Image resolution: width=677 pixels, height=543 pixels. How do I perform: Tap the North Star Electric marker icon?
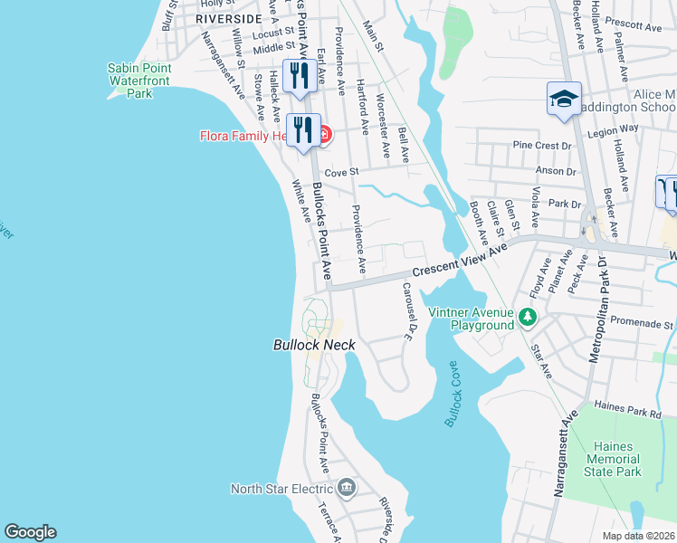point(346,489)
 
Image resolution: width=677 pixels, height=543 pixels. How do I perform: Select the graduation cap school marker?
point(564,99)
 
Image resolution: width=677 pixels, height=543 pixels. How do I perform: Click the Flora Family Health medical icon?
point(323,136)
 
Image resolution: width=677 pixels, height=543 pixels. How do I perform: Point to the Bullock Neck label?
point(314,345)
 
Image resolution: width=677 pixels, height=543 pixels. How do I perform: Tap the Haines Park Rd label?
point(627,411)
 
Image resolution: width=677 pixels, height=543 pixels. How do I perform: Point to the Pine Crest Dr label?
point(543,145)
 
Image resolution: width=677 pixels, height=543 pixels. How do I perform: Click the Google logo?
point(30,532)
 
